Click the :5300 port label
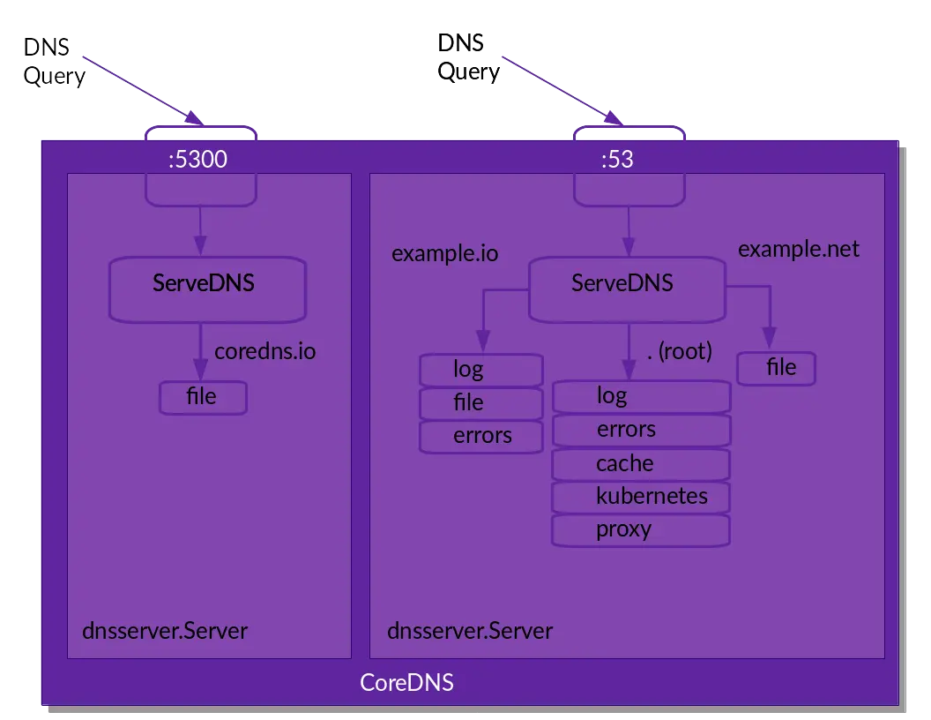coord(197,160)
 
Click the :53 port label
coord(616,160)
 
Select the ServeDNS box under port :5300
coord(207,289)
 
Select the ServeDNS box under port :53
coord(626,289)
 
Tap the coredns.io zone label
coord(264,351)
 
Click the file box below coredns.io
coord(203,397)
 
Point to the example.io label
coord(444,254)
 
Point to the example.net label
coord(798,249)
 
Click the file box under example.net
coord(777,368)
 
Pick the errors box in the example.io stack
coord(480,436)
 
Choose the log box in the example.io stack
coord(480,369)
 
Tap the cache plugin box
coord(641,464)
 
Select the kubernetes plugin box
coord(641,497)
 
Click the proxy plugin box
coord(641,530)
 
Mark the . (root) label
coord(678,351)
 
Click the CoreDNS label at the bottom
coord(406,683)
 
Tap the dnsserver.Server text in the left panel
coord(165,632)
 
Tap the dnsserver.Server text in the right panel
coord(470,632)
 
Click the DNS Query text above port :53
coord(467,56)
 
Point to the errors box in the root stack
coord(641,430)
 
